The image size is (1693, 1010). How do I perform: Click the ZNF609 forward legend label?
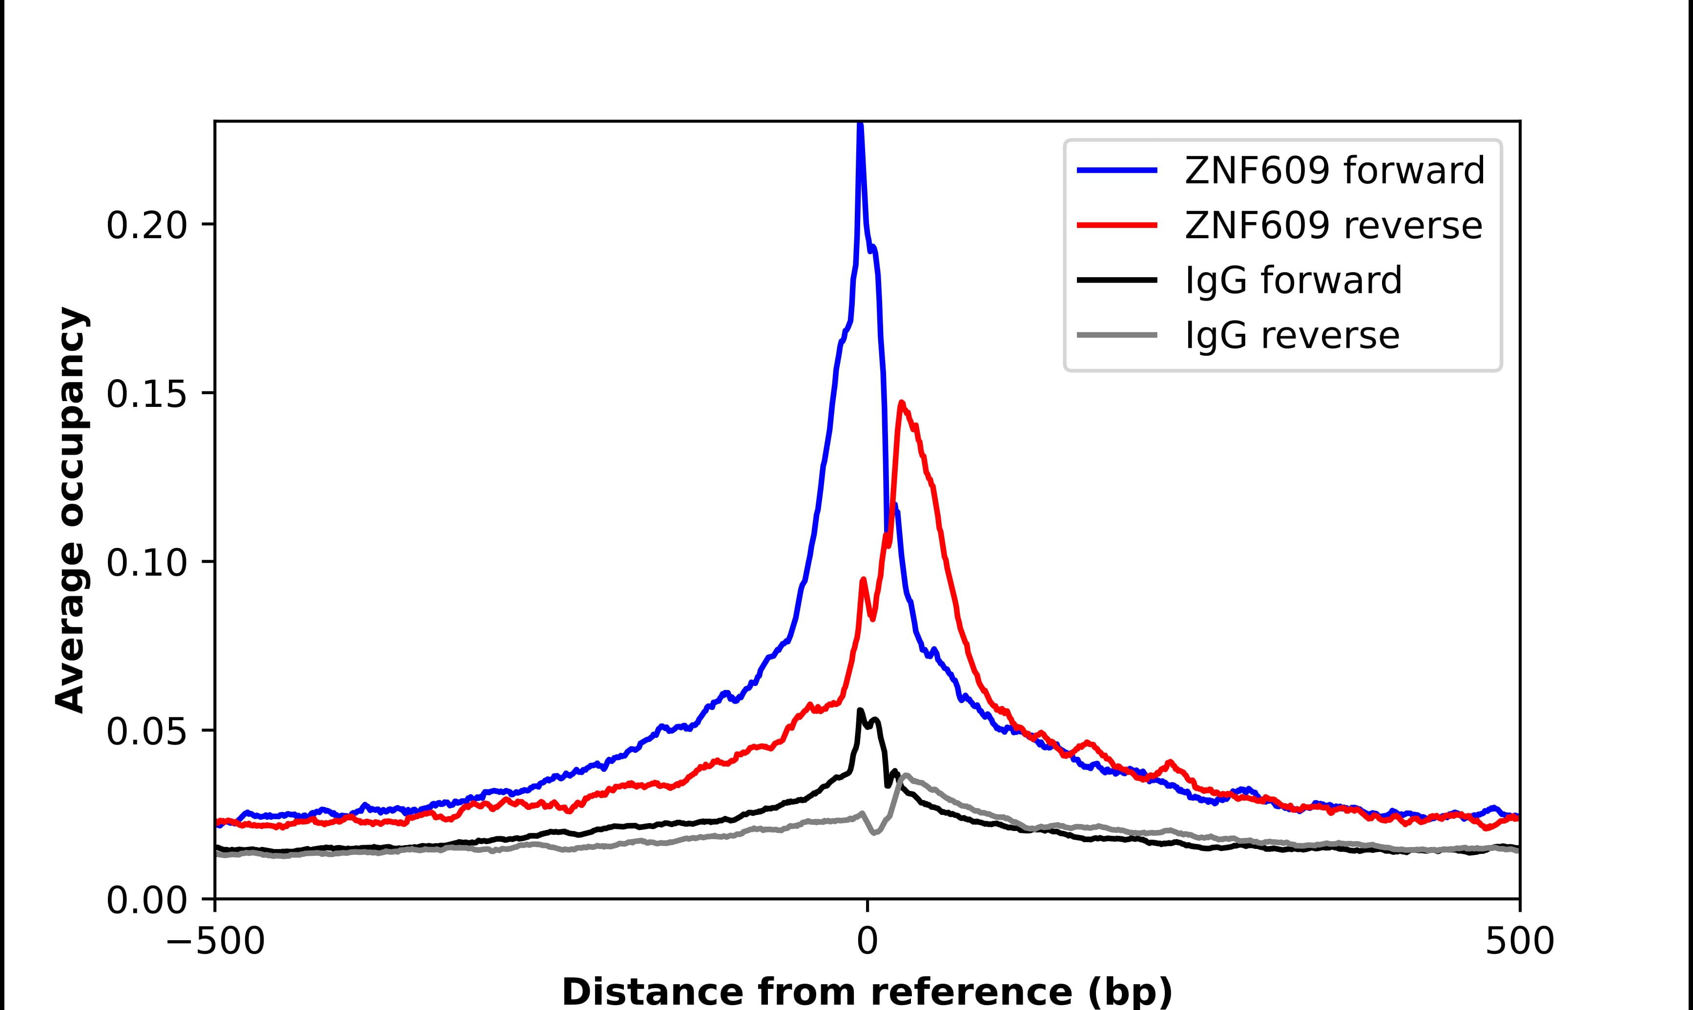coord(1334,170)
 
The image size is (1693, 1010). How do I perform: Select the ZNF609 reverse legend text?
coord(1333,225)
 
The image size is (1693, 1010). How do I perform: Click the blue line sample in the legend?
coord(1117,170)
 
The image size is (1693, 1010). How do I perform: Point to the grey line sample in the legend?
coord(1117,335)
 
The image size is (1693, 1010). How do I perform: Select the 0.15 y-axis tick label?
coord(146,394)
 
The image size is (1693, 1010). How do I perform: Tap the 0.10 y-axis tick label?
coord(146,563)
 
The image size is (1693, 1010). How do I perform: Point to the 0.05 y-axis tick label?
coord(146,731)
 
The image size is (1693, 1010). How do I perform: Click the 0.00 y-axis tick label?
coord(146,900)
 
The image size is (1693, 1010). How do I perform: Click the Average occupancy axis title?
coord(71,510)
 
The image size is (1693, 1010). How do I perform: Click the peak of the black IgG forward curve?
coord(860,710)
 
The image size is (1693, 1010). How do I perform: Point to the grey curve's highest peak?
coord(906,775)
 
